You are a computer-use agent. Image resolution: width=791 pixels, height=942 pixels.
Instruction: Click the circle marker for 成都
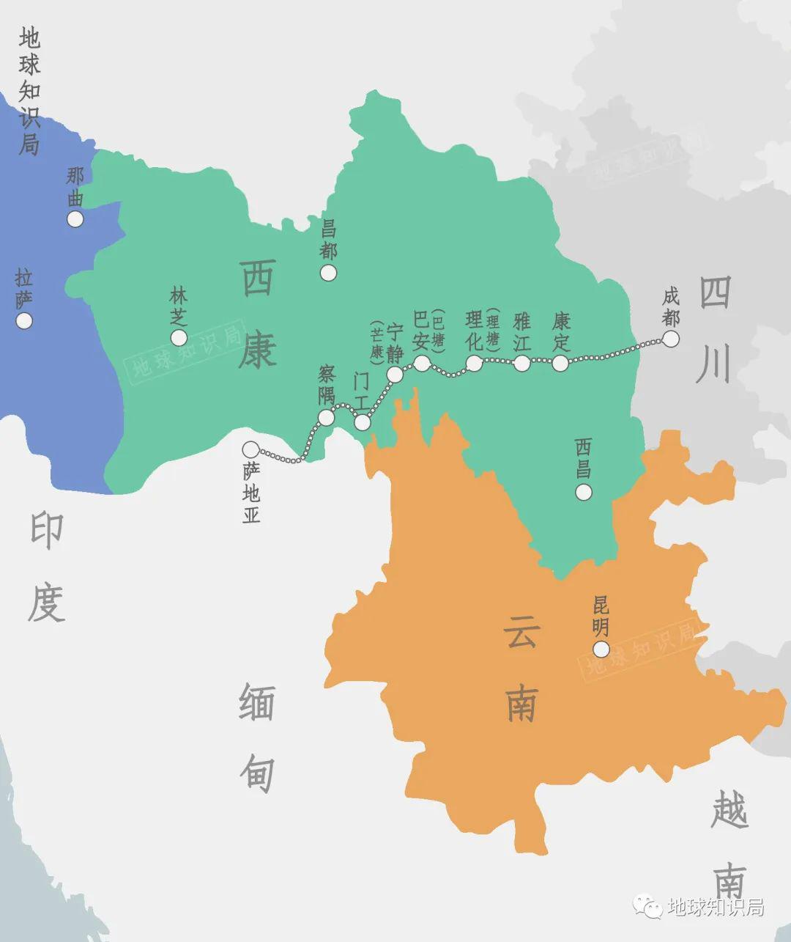[x=670, y=339]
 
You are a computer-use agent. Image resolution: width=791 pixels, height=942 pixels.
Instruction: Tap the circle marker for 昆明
[x=601, y=649]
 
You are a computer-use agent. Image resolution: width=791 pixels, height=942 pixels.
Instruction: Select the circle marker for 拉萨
[x=24, y=320]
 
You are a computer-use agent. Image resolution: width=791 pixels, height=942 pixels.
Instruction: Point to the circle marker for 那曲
[x=75, y=219]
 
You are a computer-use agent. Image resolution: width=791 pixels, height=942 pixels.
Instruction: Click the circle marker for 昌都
[x=328, y=273]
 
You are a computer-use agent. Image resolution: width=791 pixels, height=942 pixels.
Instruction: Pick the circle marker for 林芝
[x=179, y=337]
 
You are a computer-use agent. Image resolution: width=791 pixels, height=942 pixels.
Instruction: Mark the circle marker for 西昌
[x=583, y=492]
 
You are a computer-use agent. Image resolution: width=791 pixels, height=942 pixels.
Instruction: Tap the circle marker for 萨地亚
[x=251, y=449]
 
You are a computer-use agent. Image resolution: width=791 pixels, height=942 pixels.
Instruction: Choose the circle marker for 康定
[x=560, y=363]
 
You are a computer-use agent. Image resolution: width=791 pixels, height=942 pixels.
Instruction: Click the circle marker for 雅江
[x=521, y=363]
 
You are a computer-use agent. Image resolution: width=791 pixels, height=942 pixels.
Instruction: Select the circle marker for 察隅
[x=326, y=418]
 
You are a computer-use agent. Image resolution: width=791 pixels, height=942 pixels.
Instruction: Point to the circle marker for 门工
[x=363, y=422]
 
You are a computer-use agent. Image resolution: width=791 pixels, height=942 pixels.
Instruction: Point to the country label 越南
[x=729, y=843]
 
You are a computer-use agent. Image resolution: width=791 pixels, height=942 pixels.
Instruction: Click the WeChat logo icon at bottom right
[x=648, y=907]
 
